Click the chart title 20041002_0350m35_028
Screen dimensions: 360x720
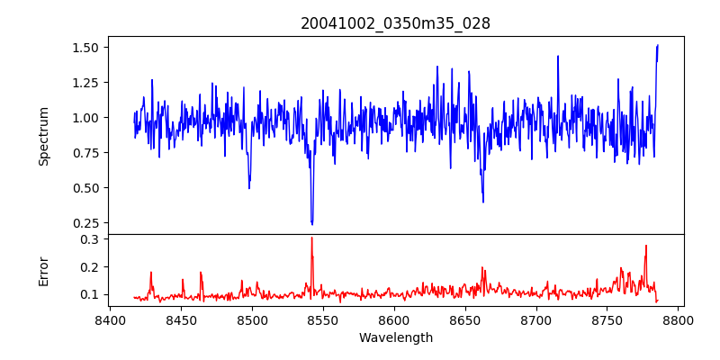tap(395, 23)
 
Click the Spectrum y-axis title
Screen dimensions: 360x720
tap(43, 136)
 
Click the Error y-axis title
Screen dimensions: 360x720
tap(43, 270)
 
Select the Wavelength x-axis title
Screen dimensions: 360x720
tap(395, 337)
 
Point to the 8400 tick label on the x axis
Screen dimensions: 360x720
tap(110, 319)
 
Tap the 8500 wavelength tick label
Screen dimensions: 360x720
tap(252, 319)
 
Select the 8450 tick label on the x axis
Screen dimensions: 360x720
tap(181, 319)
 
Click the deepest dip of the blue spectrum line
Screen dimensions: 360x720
tap(311, 223)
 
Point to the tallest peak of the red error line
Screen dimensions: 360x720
tap(311, 238)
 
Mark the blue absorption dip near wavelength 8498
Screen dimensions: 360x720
tap(249, 187)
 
